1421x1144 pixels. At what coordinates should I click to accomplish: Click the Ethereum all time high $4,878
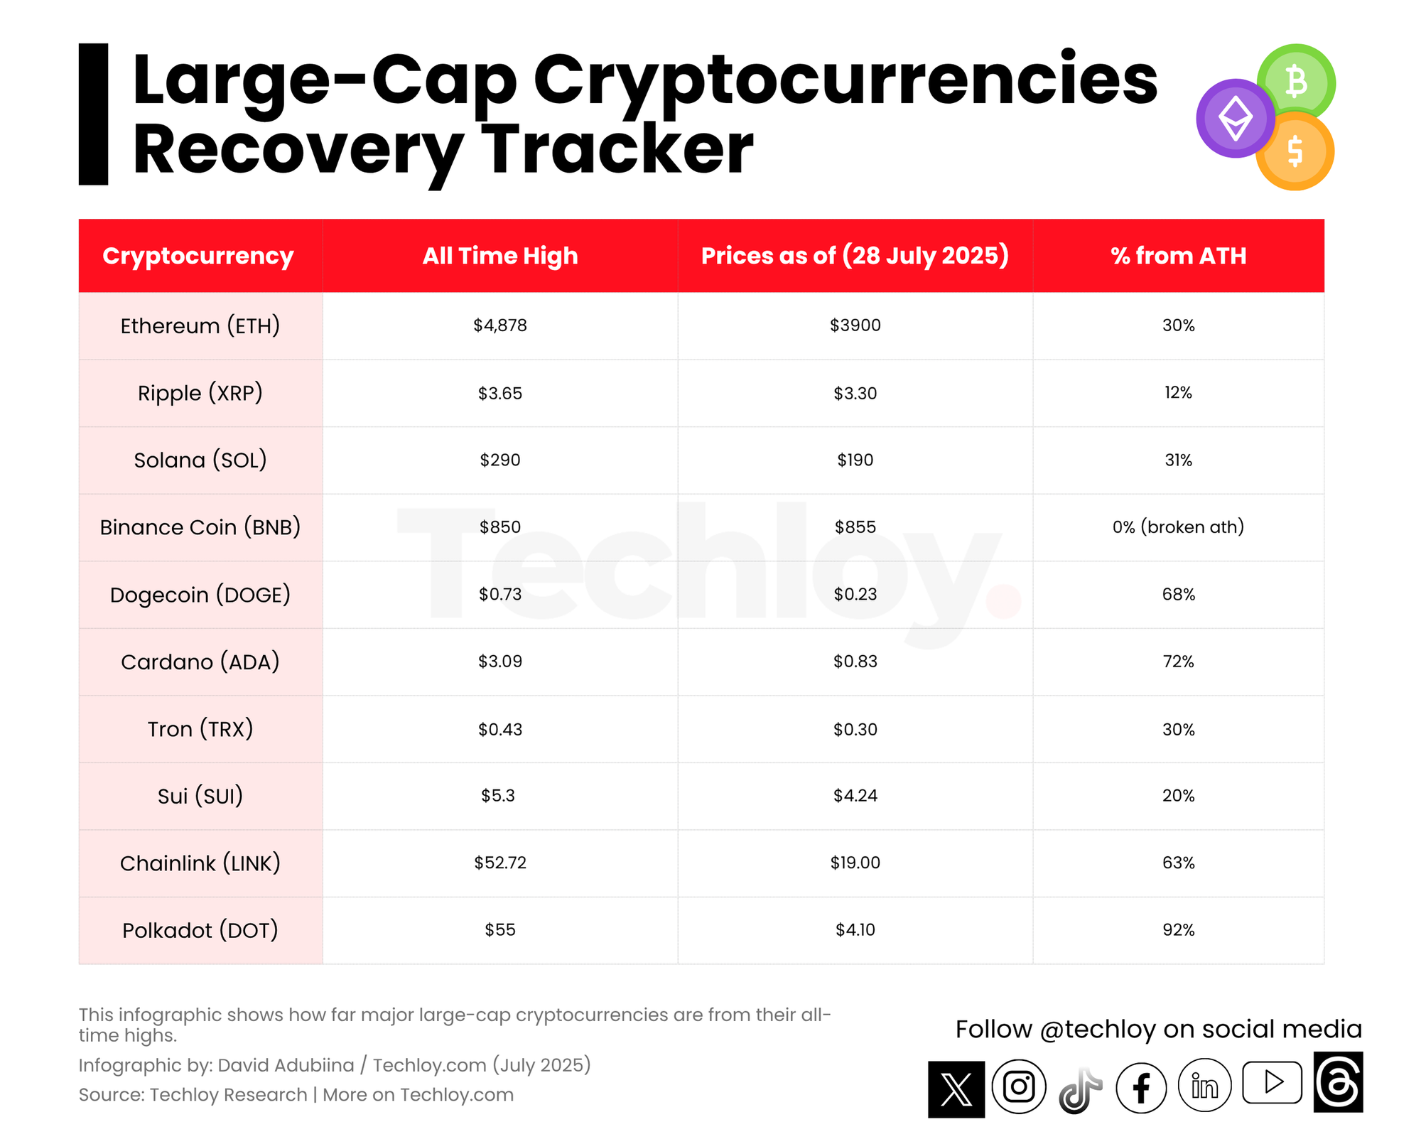(x=500, y=325)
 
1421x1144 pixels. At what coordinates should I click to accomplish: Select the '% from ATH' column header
(x=1178, y=256)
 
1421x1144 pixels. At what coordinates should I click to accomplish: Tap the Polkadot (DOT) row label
(x=200, y=930)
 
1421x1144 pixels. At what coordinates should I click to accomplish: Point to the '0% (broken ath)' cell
(x=1178, y=527)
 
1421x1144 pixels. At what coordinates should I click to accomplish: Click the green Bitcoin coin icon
(x=1297, y=82)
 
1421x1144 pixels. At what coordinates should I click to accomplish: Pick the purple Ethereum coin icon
(x=1236, y=118)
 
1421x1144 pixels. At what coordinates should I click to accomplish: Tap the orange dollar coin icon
(x=1295, y=151)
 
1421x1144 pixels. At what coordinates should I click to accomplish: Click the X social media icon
(x=956, y=1089)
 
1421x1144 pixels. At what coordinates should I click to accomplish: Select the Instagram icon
(x=1019, y=1086)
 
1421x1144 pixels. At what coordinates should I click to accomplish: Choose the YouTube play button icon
(x=1272, y=1082)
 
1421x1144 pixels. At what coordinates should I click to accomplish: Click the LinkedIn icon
(x=1204, y=1086)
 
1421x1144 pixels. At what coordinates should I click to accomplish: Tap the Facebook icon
(x=1141, y=1088)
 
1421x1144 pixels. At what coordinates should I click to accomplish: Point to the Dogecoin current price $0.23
(x=855, y=594)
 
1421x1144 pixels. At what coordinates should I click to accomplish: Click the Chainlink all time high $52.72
(x=500, y=863)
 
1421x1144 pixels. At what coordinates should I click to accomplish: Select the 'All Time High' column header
(x=500, y=256)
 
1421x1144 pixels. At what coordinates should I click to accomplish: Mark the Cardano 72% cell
(x=1178, y=662)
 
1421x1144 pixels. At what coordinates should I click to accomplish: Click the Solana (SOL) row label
(x=200, y=460)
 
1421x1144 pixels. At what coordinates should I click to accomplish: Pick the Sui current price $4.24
(x=855, y=796)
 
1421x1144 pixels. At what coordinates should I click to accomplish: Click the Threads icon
(x=1338, y=1082)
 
